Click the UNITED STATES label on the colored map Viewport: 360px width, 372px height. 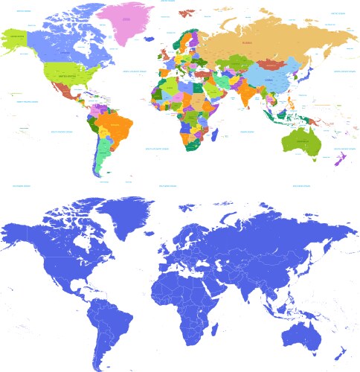(68, 76)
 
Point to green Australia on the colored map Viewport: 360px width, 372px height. (298, 139)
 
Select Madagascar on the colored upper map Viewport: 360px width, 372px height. (216, 135)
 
